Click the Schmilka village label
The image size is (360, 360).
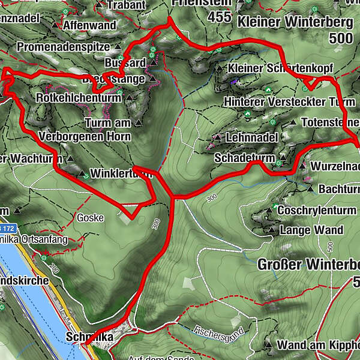[x=90, y=338]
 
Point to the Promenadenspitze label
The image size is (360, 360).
[x=64, y=46]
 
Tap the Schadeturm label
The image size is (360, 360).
[x=244, y=158]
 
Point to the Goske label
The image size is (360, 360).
[x=90, y=217]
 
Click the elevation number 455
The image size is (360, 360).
[x=220, y=17]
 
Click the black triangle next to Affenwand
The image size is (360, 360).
[x=56, y=26]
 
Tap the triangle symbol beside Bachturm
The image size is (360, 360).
[x=310, y=189]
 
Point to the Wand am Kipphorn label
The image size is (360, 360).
[x=318, y=345]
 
